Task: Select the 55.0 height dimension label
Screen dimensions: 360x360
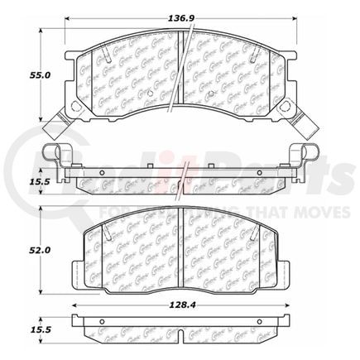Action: [x=18, y=74]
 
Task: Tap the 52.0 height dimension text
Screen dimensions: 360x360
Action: [x=18, y=247]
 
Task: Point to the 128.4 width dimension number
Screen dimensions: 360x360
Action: [x=180, y=305]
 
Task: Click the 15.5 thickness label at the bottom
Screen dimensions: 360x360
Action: [x=18, y=330]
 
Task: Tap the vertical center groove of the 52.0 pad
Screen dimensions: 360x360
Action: [x=180, y=248]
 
